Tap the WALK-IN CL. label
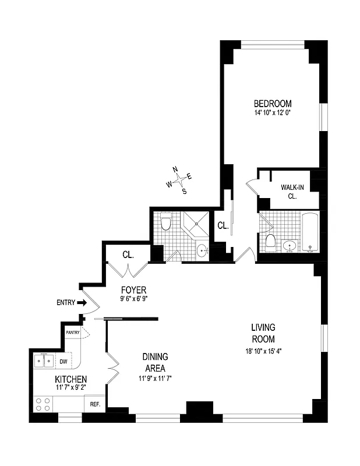click(x=292, y=192)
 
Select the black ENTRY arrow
click(x=82, y=303)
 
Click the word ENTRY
click(x=65, y=303)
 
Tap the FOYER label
click(x=133, y=290)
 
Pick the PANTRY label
click(x=73, y=332)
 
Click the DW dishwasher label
click(x=63, y=361)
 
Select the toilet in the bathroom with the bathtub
click(x=270, y=241)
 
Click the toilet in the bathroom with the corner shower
click(x=165, y=223)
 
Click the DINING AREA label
click(x=155, y=362)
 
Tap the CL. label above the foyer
click(x=128, y=255)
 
